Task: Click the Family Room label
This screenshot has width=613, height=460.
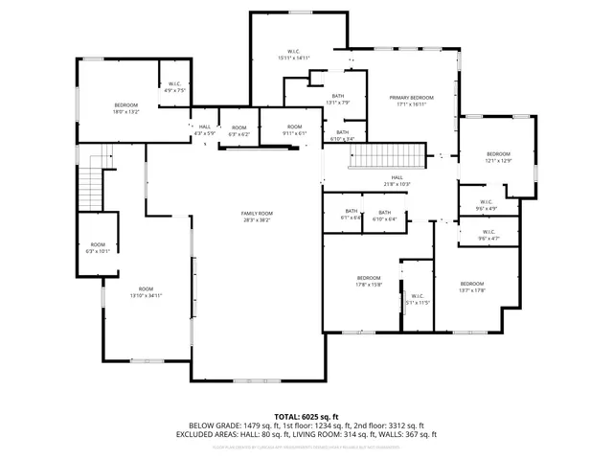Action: (257, 216)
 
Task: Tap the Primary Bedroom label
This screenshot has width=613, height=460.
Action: (411, 102)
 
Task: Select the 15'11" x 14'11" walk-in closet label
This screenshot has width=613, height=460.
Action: (294, 55)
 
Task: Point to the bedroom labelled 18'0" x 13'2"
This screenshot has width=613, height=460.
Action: (126, 108)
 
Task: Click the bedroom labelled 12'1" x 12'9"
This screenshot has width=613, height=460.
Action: (498, 157)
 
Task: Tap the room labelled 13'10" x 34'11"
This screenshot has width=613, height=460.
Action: (146, 292)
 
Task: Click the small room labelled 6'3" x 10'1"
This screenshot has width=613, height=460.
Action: (99, 248)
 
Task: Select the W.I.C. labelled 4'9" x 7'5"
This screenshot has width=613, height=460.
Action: (175, 88)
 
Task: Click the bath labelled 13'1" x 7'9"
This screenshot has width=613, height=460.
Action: (338, 99)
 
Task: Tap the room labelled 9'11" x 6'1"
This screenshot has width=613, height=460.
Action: (295, 130)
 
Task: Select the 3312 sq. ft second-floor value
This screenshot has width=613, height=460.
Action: (403, 425)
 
